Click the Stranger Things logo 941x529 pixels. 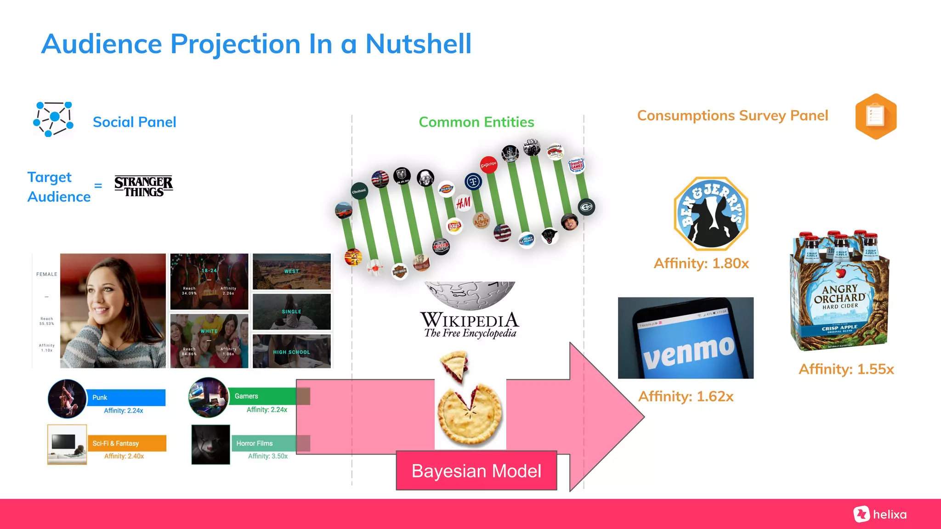(x=143, y=186)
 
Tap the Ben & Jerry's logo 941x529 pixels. (x=710, y=213)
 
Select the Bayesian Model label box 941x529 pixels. (x=476, y=471)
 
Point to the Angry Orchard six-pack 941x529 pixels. (x=840, y=292)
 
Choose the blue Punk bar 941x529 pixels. (x=126, y=397)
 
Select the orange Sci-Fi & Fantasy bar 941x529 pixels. (x=127, y=443)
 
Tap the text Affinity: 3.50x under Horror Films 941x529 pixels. (x=268, y=456)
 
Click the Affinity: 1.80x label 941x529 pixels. (x=701, y=264)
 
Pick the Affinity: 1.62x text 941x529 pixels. (x=686, y=396)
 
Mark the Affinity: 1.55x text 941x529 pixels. (x=846, y=369)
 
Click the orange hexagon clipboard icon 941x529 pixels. (x=876, y=116)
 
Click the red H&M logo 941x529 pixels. (x=463, y=203)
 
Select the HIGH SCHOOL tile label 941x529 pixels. (x=291, y=352)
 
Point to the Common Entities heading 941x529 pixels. (x=476, y=122)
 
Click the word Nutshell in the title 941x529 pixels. (x=418, y=44)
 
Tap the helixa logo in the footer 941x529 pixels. (x=880, y=514)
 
